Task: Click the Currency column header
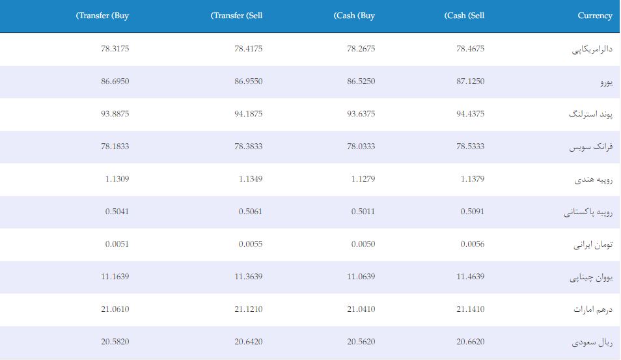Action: [594, 16]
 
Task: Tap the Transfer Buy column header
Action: [102, 16]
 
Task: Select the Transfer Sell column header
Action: [236, 16]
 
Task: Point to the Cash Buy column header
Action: [354, 16]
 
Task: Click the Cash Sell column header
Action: [464, 16]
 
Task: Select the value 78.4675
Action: [470, 49]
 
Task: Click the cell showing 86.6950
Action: [115, 81]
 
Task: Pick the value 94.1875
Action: [248, 114]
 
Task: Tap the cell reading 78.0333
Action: [361, 146]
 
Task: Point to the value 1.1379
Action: [473, 178]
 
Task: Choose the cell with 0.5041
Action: [117, 212]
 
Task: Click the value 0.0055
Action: [251, 244]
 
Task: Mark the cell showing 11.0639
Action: [361, 277]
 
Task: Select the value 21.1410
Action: [470, 309]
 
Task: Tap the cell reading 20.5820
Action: [115, 341]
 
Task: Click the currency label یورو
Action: [606, 82]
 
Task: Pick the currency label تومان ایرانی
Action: [593, 245]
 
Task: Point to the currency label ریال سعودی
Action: [592, 342]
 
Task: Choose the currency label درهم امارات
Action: [593, 309]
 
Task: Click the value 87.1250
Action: [470, 81]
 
